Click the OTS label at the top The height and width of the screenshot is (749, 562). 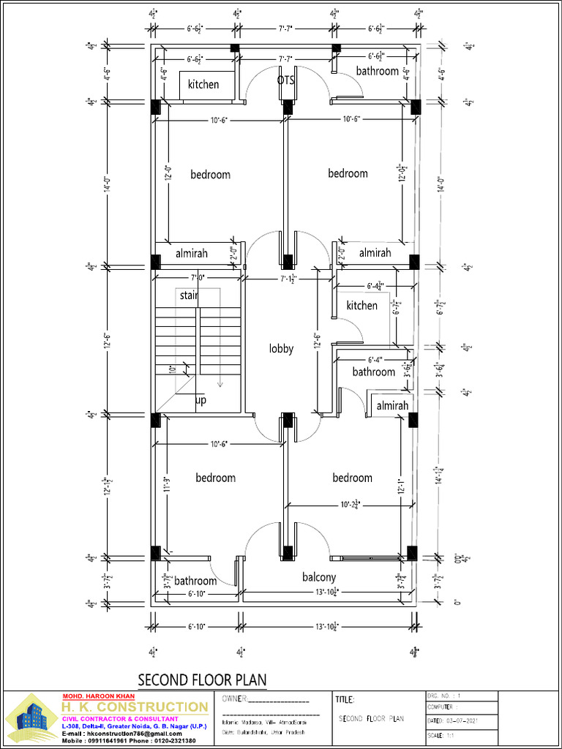click(286, 80)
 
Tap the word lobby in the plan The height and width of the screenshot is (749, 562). click(281, 349)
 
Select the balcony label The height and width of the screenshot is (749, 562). click(319, 577)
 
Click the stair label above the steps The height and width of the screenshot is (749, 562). click(189, 296)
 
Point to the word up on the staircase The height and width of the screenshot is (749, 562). click(201, 401)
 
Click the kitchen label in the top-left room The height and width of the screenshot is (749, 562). click(203, 84)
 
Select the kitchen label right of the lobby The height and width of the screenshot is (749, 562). click(362, 305)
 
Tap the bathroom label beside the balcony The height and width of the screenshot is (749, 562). click(195, 581)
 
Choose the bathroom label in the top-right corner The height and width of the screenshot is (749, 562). click(378, 71)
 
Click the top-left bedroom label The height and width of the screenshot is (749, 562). click(211, 174)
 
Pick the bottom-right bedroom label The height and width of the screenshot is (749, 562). click(352, 478)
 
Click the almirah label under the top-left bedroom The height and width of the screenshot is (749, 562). click(192, 253)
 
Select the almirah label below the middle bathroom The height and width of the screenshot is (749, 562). click(392, 405)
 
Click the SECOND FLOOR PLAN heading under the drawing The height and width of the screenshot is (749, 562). click(202, 680)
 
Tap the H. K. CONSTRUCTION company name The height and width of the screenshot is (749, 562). click(134, 707)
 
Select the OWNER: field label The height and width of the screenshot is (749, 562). click(234, 699)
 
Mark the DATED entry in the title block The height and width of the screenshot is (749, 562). click(454, 721)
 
